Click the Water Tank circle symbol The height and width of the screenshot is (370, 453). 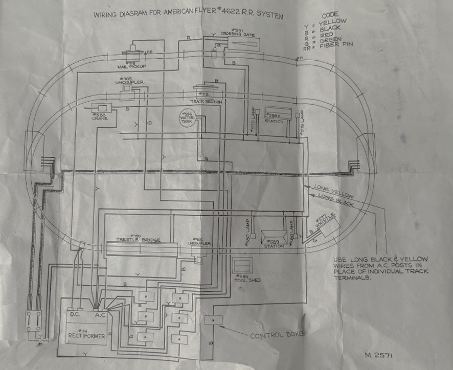coord(188,119)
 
